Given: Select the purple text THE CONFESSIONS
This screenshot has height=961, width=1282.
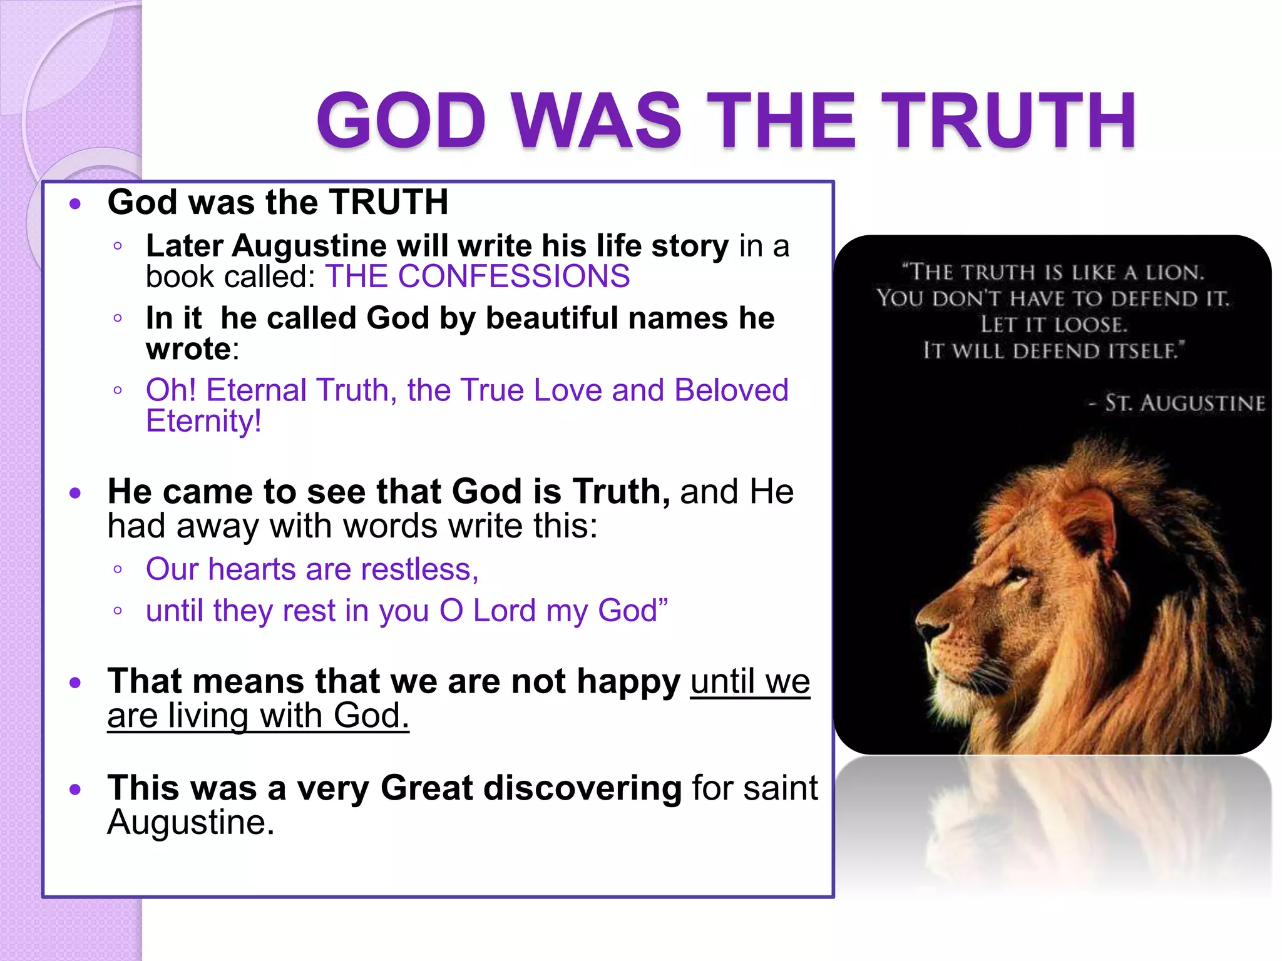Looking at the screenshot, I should point(477,276).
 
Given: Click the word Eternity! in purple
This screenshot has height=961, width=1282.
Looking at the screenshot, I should point(203,420).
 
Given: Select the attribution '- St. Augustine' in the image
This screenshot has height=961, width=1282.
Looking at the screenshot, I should point(1177,403).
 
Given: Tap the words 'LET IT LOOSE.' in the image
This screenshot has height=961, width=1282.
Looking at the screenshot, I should point(1054,325).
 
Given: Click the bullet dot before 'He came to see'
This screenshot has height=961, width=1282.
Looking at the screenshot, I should point(76,493).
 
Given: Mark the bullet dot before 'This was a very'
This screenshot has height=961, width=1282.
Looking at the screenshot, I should point(76,790).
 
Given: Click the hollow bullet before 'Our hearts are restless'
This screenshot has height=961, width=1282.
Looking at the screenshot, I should point(118,570).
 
